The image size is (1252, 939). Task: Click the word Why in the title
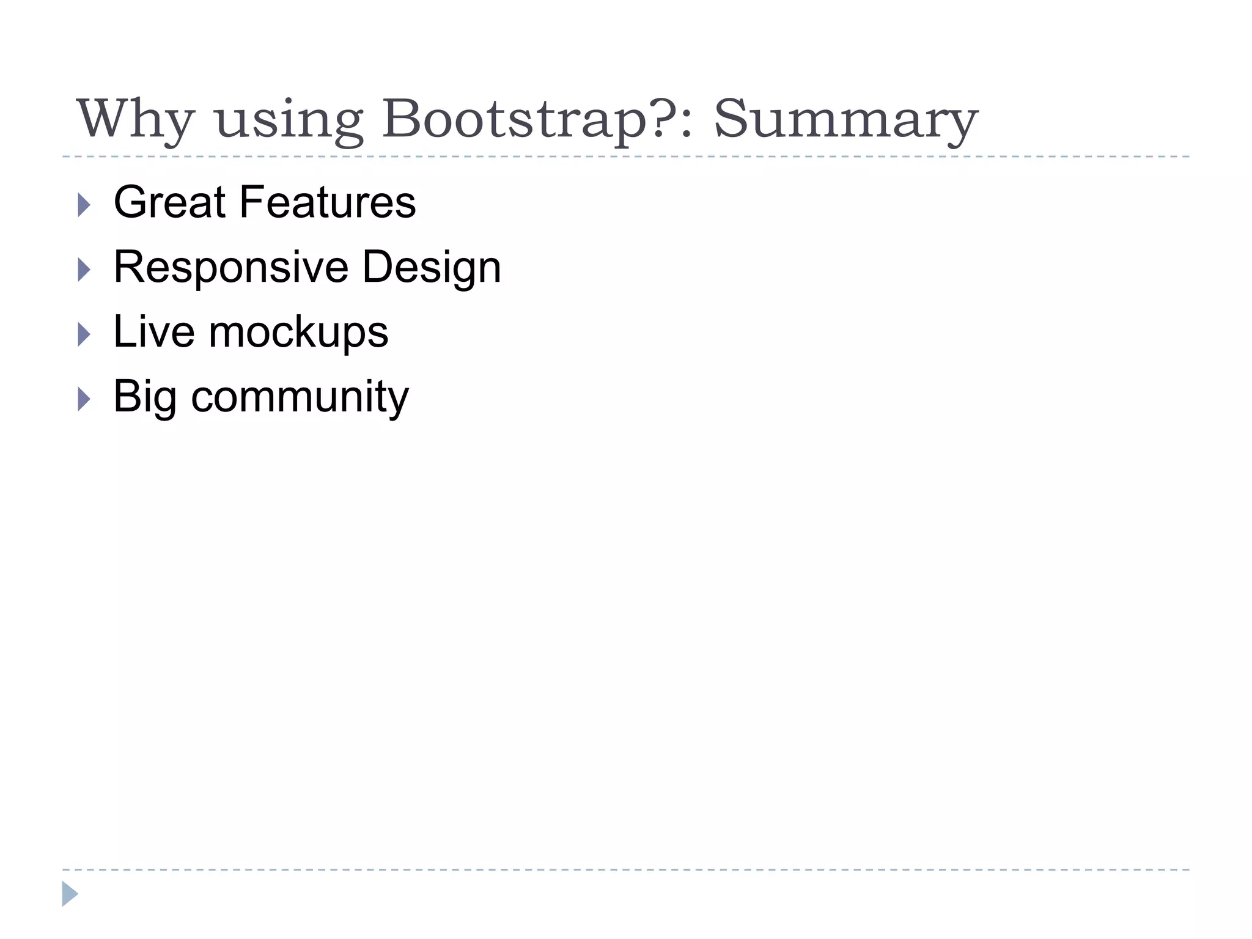[x=136, y=119]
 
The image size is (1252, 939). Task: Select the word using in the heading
[x=290, y=120]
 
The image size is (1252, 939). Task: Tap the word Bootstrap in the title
[x=514, y=119]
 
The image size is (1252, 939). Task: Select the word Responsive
[x=231, y=267]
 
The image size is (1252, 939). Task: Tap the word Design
[x=432, y=267]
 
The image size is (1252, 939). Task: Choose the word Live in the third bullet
[x=153, y=332]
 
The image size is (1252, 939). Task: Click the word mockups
[x=298, y=333]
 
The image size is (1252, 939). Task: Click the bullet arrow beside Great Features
[x=84, y=205]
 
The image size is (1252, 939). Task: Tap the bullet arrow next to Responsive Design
[x=84, y=270]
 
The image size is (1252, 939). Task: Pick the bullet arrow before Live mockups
[x=84, y=334]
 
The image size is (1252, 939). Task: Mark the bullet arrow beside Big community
[x=84, y=399]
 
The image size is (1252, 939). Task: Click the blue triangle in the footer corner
[x=70, y=894]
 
